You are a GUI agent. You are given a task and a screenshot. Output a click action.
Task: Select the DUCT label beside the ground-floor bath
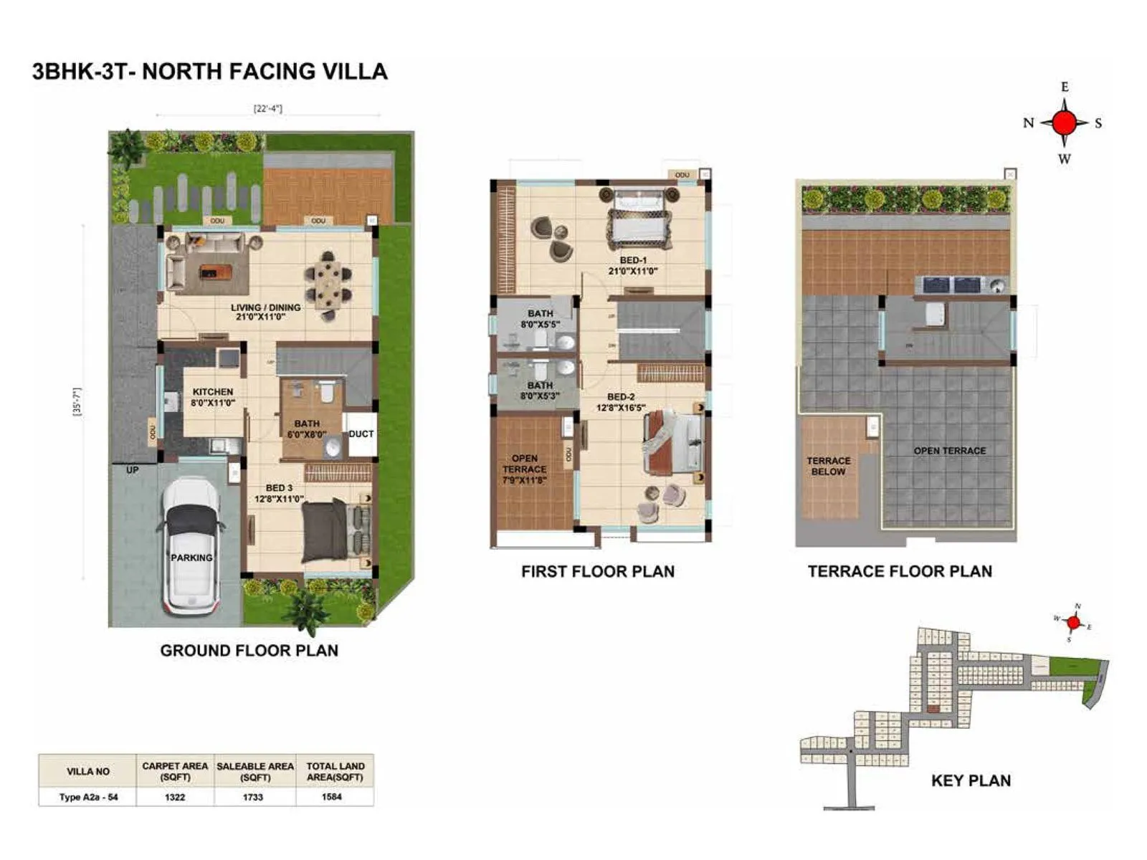(361, 434)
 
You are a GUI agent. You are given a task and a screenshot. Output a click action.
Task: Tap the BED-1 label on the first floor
(633, 261)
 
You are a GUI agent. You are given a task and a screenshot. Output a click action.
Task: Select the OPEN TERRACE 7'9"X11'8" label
(525, 469)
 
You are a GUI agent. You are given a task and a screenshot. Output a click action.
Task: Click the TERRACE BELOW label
(828, 466)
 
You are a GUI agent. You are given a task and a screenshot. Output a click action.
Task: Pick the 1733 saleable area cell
(253, 797)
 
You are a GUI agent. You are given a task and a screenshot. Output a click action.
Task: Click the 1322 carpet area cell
(175, 797)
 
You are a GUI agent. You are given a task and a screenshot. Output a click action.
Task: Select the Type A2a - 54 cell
(88, 797)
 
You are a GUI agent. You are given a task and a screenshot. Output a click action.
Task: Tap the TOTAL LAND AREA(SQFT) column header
(335, 771)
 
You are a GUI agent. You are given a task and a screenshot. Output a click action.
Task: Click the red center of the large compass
(1065, 123)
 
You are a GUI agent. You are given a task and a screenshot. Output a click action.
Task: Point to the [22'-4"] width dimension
(267, 109)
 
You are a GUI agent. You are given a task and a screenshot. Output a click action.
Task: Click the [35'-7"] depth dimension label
(77, 403)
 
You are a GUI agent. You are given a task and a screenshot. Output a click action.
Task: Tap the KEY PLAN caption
(971, 780)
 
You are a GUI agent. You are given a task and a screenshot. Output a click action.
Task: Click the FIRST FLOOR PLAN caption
(597, 571)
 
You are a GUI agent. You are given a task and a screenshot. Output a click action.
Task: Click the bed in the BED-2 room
(675, 443)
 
